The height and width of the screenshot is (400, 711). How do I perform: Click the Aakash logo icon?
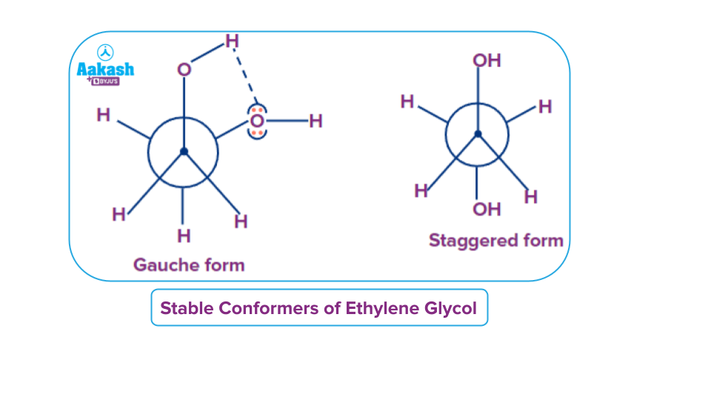coord(107,53)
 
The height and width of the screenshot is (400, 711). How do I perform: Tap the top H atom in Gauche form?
coord(232,41)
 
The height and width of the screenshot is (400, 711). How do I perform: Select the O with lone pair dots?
coord(257,121)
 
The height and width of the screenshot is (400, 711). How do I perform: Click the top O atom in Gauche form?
coord(184,70)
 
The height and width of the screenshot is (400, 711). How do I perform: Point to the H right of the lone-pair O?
coord(316,121)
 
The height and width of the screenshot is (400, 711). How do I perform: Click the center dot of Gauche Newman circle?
coord(184,152)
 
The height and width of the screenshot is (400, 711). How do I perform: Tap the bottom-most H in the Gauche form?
coord(184,236)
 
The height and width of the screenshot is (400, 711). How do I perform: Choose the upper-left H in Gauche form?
coord(103,116)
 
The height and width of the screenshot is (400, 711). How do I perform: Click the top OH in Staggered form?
coord(487,60)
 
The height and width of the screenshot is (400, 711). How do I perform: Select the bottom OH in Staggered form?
coord(487,209)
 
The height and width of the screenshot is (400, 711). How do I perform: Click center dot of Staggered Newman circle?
coord(478,134)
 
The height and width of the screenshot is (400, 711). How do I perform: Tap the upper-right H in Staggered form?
coord(545,107)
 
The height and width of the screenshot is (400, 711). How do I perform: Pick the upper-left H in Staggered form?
coord(407,101)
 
